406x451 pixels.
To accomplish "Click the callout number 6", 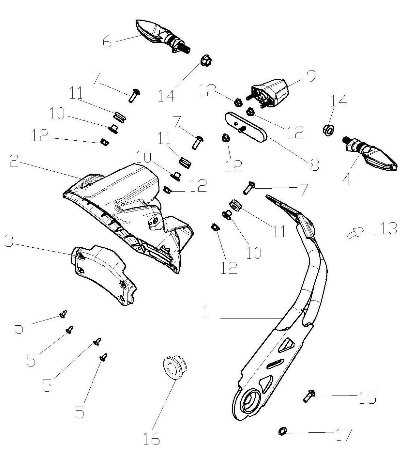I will (107, 42).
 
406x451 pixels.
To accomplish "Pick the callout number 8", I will (314, 164).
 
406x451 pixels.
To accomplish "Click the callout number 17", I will (344, 434).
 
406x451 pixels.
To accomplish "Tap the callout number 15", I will (367, 398).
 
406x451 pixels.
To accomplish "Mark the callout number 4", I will (347, 179).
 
